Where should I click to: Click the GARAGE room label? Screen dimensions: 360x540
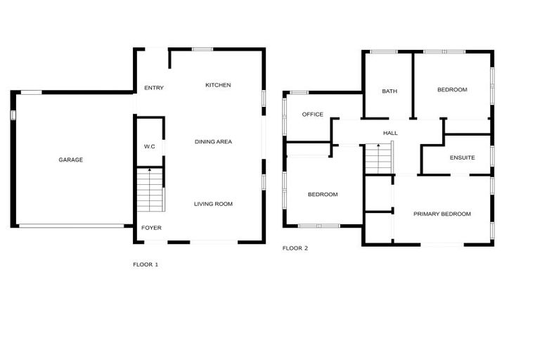tap(70, 160)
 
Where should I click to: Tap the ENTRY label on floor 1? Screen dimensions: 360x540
tap(153, 88)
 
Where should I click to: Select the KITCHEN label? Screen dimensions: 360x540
tap(218, 85)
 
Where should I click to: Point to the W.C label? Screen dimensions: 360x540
tap(149, 146)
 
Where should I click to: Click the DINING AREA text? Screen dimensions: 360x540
tap(213, 142)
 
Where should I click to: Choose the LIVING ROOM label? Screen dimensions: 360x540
tap(213, 204)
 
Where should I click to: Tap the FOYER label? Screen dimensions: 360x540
tap(151, 228)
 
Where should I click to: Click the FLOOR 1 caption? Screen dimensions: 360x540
tap(146, 264)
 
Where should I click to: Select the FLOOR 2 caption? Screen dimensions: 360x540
tap(295, 248)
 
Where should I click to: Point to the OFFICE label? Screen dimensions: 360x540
tap(312, 115)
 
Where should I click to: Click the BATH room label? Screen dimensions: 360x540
tap(389, 91)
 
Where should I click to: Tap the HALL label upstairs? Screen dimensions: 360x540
tap(390, 133)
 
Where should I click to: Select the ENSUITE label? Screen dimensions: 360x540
tap(461, 157)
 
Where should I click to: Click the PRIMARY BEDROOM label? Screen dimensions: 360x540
tap(442, 214)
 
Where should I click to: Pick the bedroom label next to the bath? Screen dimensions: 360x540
tap(452, 90)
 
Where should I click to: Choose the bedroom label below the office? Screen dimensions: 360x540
tap(323, 194)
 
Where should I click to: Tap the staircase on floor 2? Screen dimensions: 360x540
tap(379, 158)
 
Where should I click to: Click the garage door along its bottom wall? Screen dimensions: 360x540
tap(72, 226)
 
